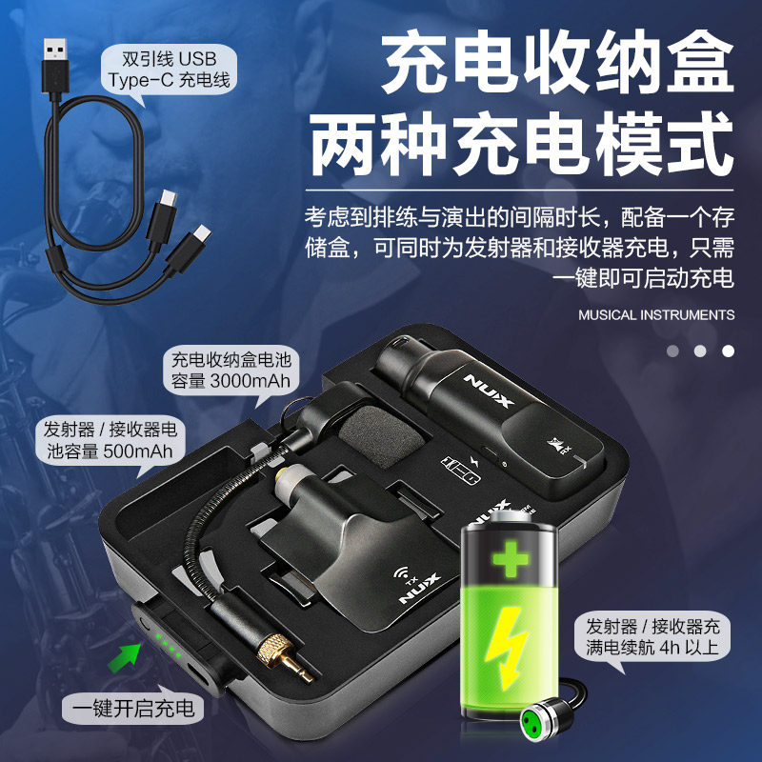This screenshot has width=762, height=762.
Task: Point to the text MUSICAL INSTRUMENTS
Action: point(656,314)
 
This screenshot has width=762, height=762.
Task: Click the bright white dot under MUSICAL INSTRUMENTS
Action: point(728,351)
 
